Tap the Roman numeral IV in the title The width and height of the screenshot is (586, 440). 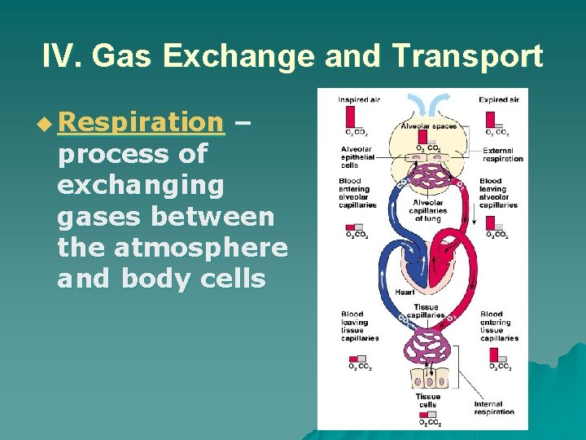click(62, 56)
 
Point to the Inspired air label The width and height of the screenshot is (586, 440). click(357, 100)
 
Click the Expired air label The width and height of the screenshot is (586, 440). click(498, 100)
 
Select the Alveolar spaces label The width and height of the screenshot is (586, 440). click(427, 127)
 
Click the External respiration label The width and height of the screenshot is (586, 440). click(502, 154)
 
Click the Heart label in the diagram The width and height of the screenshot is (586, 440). click(405, 292)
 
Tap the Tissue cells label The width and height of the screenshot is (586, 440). click(428, 401)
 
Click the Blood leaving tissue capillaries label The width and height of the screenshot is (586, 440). click(359, 326)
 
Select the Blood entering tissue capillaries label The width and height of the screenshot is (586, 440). click(498, 326)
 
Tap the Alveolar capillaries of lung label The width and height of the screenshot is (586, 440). click(428, 210)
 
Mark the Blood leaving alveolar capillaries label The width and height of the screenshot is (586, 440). click(497, 193)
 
